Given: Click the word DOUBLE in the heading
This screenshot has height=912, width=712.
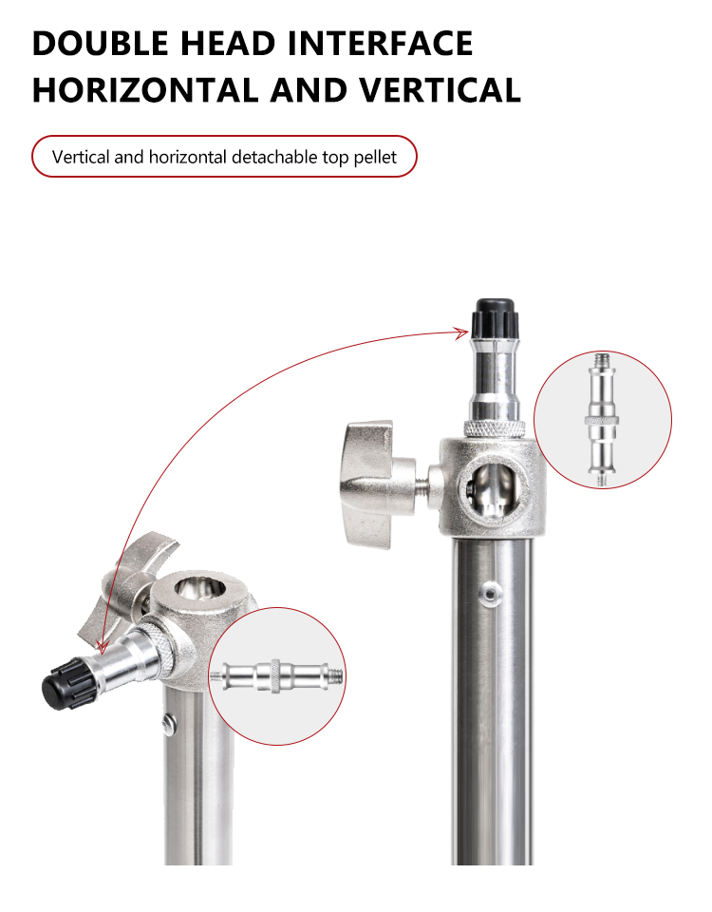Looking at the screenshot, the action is tap(101, 43).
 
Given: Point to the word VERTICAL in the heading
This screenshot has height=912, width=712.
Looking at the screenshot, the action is tap(440, 90).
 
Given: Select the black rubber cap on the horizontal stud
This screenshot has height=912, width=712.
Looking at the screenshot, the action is tap(68, 683).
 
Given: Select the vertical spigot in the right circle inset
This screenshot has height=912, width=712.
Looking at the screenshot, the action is tap(603, 419).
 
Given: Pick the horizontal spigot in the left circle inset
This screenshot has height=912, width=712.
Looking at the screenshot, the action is tap(276, 676).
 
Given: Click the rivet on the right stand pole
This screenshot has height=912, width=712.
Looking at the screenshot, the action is tap(491, 593).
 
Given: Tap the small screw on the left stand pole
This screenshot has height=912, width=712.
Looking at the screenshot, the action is tap(169, 723).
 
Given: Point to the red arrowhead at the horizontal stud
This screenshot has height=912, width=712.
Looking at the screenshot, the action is tap(102, 647).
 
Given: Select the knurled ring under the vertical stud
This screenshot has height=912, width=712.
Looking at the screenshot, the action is tap(495, 428).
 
